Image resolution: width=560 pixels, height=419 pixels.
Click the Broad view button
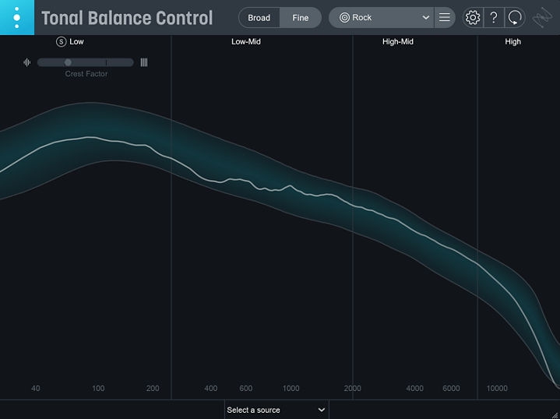259,18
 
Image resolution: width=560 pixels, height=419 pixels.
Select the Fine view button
301,18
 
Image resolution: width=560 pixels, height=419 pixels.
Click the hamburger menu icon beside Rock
444,17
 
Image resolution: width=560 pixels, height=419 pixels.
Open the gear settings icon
472,17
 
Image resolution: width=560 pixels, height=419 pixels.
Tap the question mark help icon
493,17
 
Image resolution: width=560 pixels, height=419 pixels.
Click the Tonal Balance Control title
127,18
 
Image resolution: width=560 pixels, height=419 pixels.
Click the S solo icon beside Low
62,41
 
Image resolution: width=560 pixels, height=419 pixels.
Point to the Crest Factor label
86,74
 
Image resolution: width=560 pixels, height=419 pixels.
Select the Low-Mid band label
245,42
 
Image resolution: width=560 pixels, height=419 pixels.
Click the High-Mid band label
397,42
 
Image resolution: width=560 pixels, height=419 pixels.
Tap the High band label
512,42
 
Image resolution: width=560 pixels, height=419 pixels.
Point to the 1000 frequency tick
291,389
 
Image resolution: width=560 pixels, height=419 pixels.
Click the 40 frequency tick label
36,389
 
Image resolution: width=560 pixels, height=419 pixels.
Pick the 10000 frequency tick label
497,389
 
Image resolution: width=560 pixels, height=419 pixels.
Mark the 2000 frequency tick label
352,389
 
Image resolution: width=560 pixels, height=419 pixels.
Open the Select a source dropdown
276,410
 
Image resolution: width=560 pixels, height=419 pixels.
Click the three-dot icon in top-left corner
17,17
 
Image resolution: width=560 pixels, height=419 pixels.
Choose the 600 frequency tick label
246,389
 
